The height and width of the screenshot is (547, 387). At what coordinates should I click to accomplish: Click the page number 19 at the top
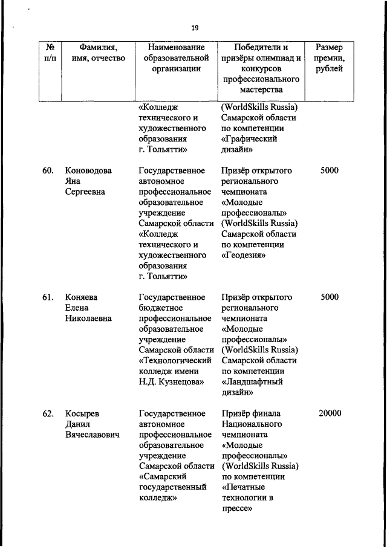[194, 28]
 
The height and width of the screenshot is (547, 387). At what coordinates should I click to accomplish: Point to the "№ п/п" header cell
[51, 53]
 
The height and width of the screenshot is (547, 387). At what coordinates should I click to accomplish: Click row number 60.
[49, 170]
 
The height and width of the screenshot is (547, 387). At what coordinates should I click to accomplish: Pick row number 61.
[49, 297]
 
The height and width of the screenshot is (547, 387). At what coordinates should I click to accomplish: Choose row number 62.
[49, 413]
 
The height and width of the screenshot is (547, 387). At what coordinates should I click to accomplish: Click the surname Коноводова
[88, 170]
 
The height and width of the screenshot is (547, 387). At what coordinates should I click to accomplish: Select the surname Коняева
[82, 297]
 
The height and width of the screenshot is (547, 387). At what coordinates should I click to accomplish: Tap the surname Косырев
[83, 413]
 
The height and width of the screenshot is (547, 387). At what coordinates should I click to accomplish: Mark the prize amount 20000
[330, 413]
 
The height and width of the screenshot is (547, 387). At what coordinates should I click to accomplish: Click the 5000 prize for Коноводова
[330, 170]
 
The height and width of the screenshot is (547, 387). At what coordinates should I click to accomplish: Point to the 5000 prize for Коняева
[330, 297]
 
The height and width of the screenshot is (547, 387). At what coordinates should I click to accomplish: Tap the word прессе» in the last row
[236, 509]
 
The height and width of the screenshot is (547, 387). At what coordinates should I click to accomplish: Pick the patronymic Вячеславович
[93, 435]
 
